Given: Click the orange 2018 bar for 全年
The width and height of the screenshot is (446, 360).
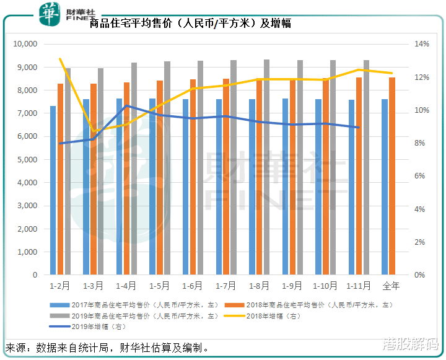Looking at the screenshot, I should [392, 176].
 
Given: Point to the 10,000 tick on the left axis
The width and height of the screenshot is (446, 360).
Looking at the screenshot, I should [26, 44].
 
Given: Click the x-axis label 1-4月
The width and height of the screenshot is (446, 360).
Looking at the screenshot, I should [126, 286].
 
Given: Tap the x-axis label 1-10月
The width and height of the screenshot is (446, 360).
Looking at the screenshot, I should [325, 286].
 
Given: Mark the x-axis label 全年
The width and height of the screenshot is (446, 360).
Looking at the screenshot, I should [391, 286].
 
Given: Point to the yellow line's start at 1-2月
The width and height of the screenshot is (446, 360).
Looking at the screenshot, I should [61, 59].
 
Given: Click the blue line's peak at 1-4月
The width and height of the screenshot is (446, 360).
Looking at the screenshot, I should [126, 106].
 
